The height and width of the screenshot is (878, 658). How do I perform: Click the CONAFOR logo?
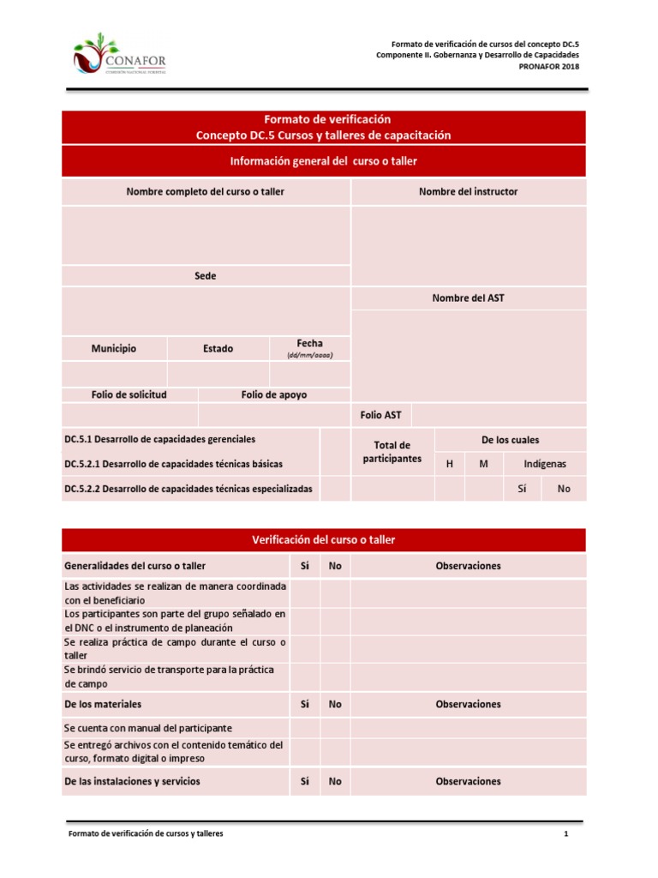point(120,56)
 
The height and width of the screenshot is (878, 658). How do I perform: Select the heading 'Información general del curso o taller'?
point(324,161)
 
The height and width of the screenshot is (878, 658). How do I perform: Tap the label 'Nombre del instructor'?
point(468,192)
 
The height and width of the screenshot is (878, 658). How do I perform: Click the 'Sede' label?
point(206,276)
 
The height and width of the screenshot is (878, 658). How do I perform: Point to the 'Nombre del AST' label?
point(468,298)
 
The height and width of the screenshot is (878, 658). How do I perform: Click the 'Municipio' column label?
point(114,349)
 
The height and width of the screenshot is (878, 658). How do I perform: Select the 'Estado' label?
point(218,349)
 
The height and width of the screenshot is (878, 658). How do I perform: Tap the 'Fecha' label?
point(309,344)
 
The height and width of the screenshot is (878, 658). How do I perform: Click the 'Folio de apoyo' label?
point(274,394)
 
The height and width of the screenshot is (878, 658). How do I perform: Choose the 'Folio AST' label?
point(380,415)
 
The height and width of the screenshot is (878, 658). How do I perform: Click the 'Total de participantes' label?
point(392,452)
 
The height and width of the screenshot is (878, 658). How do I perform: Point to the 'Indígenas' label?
point(545,464)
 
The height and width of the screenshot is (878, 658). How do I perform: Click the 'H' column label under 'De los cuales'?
point(450,464)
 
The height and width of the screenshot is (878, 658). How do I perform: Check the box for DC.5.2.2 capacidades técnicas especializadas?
point(335,489)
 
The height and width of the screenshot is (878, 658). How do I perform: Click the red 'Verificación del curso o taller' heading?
point(324,540)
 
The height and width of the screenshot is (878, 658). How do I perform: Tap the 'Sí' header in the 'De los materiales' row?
point(304,704)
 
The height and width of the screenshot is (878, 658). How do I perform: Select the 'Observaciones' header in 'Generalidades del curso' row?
point(468,566)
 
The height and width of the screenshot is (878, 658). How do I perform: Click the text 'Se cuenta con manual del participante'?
point(148,727)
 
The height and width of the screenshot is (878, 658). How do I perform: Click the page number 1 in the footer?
point(566,833)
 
